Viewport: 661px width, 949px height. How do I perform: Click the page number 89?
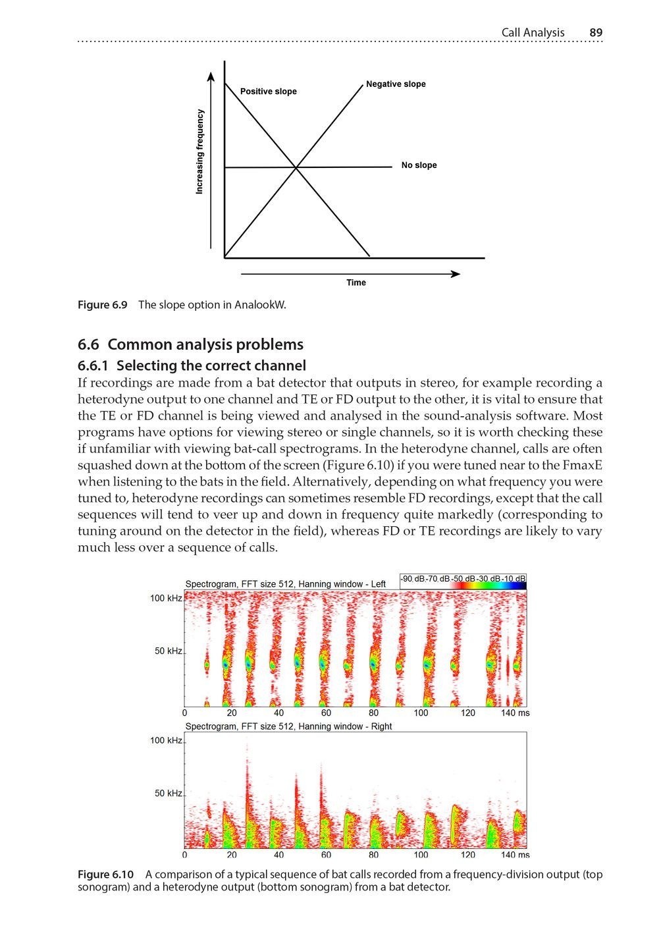point(596,32)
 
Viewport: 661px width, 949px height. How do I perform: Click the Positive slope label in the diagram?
point(268,92)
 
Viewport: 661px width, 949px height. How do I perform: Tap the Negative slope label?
point(396,84)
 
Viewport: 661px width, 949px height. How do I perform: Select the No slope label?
point(419,165)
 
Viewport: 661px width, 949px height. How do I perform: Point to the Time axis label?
point(356,283)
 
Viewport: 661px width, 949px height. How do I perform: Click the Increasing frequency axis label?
point(199,151)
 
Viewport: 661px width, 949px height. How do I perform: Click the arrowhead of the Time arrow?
point(454,274)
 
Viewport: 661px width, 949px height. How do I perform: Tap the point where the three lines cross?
point(296,168)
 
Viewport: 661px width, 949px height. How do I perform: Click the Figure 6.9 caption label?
point(102,305)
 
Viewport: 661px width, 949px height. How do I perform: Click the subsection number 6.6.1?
point(95,366)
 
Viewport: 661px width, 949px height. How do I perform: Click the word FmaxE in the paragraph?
point(582,465)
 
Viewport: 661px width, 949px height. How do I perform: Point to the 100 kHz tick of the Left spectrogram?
point(166,599)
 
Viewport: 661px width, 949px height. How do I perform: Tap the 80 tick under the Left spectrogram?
point(373,713)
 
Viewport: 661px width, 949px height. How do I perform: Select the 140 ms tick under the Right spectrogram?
point(515,855)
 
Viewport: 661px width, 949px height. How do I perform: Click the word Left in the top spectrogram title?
point(378,584)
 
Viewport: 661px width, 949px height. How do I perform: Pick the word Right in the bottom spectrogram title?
point(381,726)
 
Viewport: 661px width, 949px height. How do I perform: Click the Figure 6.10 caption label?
point(105,875)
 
